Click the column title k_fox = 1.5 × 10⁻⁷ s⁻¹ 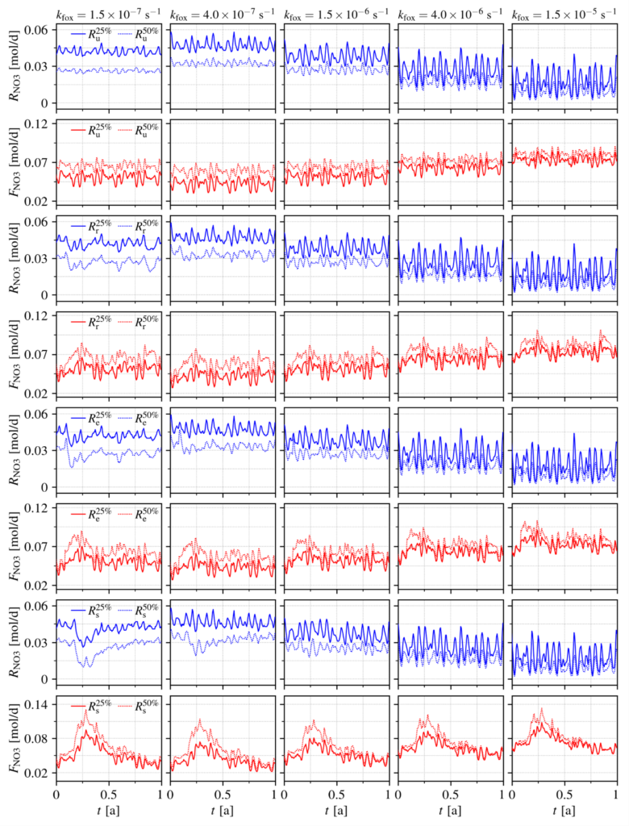tap(108, 15)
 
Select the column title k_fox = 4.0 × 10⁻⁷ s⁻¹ tap(222, 15)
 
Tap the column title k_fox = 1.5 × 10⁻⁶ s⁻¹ tap(335, 15)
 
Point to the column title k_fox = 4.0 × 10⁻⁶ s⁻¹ tap(449, 15)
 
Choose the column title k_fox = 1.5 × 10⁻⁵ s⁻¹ tap(563, 15)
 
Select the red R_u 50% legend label tap(148, 130)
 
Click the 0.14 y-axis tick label tap(37, 704)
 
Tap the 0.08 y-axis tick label tap(37, 739)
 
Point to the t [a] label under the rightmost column tap(564, 810)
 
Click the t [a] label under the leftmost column tap(108, 810)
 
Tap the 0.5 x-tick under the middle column tap(335, 794)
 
